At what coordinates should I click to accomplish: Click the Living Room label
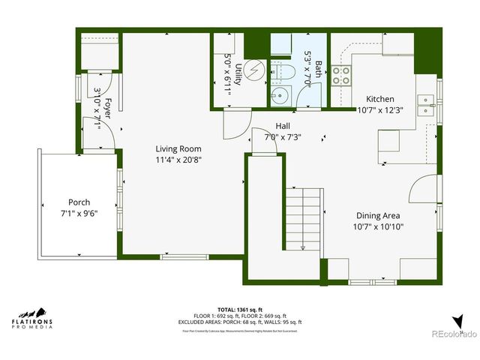click(178, 148)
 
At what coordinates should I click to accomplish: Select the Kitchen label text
click(379, 99)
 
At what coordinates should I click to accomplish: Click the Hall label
click(283, 126)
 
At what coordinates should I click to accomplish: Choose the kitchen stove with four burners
click(342, 74)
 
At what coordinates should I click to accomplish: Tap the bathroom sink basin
click(279, 95)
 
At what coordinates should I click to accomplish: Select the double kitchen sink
click(425, 104)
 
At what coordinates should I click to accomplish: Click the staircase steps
click(303, 217)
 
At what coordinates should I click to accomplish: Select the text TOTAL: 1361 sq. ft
click(240, 309)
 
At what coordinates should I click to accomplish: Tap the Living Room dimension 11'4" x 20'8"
click(178, 160)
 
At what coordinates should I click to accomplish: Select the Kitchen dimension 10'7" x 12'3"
click(379, 109)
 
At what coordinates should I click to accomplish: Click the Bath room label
click(318, 70)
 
